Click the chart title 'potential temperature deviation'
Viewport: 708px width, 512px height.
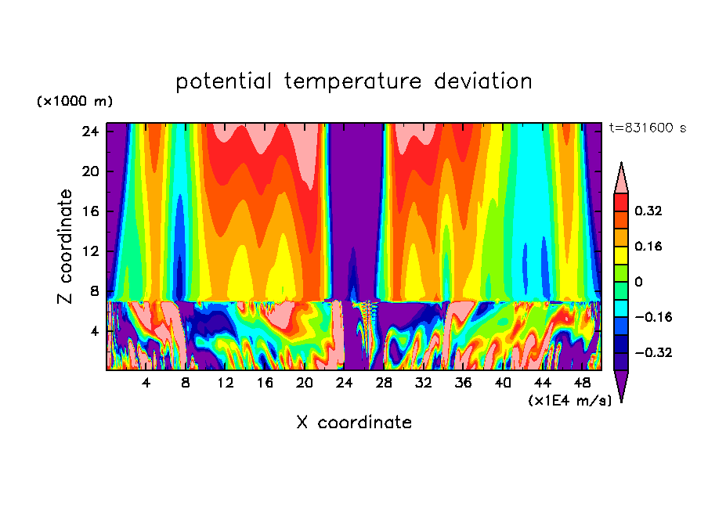point(353,81)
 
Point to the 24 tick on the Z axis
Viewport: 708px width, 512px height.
point(89,132)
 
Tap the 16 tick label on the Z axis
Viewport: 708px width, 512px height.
point(89,211)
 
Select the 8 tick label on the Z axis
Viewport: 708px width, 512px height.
point(94,291)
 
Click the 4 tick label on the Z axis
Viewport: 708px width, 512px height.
point(94,331)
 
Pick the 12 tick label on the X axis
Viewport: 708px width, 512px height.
point(226,383)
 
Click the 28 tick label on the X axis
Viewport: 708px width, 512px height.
point(384,383)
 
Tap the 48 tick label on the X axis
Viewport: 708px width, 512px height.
point(582,383)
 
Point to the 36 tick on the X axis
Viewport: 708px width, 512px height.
point(463,383)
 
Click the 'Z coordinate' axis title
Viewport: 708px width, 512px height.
point(66,247)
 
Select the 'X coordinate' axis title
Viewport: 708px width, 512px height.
point(353,423)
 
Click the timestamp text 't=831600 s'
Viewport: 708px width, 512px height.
point(647,128)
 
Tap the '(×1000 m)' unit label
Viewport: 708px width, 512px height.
point(74,102)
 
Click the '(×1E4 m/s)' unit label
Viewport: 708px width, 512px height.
point(569,400)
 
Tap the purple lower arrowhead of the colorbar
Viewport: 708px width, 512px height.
point(621,385)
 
